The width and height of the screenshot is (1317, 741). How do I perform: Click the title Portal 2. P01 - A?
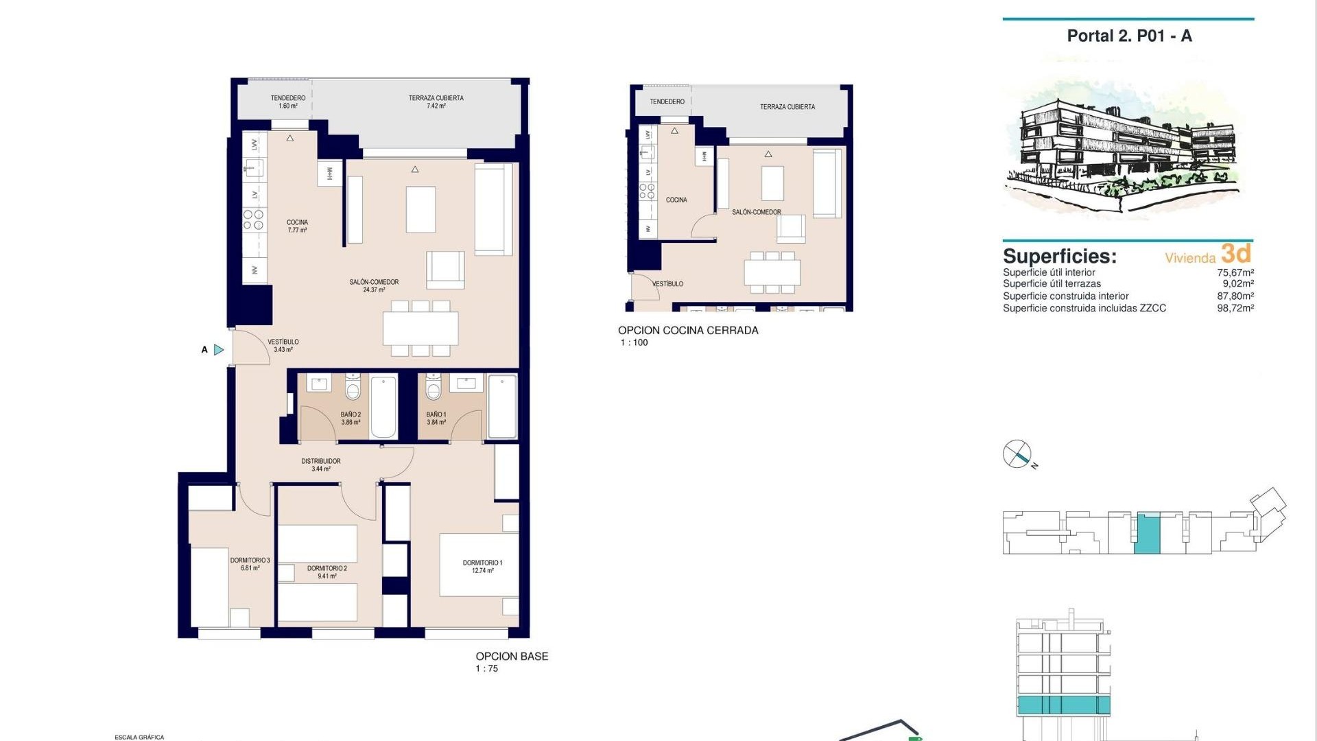pos(1129,36)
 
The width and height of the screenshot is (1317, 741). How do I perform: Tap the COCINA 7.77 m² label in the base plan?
pos(297,226)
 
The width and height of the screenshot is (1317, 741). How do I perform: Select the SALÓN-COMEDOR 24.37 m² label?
pos(374,285)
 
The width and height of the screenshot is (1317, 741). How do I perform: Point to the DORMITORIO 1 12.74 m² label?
pos(482,566)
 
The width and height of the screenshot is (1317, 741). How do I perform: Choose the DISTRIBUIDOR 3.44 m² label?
pos(321,464)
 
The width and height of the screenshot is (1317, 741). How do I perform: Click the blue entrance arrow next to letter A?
pos(219,350)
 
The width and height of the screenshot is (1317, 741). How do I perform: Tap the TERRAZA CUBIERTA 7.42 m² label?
pos(436,102)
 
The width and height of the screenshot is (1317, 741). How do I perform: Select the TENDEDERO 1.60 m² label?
pos(288,102)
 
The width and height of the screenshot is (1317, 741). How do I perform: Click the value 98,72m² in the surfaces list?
pos(1235,308)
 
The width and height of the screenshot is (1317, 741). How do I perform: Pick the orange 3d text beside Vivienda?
pos(1237,254)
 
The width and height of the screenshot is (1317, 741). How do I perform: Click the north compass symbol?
pos(1017,454)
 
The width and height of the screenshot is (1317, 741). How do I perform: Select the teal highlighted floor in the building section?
pos(1063,705)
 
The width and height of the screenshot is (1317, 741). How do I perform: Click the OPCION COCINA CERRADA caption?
pos(688,330)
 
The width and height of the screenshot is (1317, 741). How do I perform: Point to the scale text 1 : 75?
pos(487,668)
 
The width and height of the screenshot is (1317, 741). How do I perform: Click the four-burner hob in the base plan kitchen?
pos(253,220)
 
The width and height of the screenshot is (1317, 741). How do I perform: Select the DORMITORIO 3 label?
pos(250,564)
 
